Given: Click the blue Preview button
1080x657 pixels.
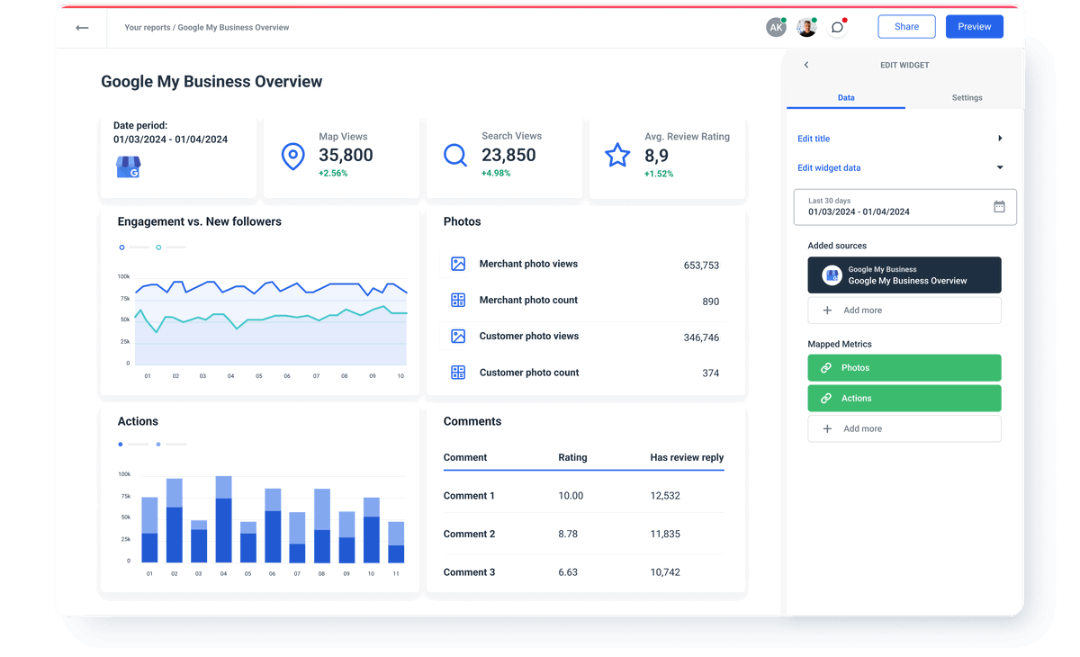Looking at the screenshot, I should (x=974, y=27).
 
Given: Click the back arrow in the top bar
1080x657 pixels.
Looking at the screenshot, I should (x=82, y=28).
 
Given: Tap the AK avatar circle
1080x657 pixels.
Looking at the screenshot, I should (x=776, y=28).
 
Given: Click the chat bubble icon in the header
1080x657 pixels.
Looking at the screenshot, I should (x=837, y=28).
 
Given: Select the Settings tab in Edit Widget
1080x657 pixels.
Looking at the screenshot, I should (x=967, y=97).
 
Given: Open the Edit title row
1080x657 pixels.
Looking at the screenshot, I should (x=900, y=139).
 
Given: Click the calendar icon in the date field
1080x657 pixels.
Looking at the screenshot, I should (x=999, y=207).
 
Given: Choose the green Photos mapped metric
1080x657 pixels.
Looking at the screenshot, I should (x=904, y=368).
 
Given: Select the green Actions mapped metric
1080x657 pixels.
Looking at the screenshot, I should (x=904, y=398).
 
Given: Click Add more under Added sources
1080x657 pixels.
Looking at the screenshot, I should (x=904, y=310).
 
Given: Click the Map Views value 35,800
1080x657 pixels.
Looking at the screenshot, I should (x=346, y=155).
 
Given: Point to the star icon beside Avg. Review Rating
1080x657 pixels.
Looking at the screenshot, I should (x=617, y=155).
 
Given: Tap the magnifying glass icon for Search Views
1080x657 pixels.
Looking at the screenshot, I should (x=455, y=155).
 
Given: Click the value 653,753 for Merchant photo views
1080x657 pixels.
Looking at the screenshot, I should (x=701, y=265).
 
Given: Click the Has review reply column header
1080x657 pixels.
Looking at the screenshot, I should (x=687, y=457).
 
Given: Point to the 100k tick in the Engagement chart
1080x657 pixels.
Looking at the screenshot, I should (x=123, y=276).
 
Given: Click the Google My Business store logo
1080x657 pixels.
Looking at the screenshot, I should (x=129, y=167).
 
